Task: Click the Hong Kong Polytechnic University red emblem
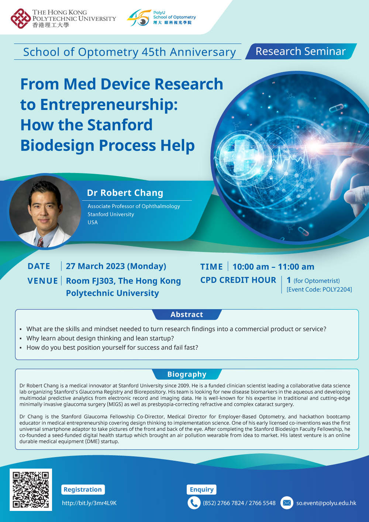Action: [x=21, y=18]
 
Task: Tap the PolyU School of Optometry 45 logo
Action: [x=139, y=18]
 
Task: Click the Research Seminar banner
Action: [x=300, y=51]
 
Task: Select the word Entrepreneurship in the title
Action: [x=108, y=105]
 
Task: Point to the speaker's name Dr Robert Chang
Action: [x=125, y=193]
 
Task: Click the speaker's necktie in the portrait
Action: [x=40, y=242]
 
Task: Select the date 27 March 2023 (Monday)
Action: [x=116, y=266]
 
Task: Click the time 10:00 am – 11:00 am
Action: [x=273, y=267]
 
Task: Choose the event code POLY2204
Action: [x=337, y=290]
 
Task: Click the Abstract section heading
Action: [x=187, y=315]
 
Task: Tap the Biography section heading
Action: [x=187, y=374]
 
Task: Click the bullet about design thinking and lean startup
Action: [x=100, y=338]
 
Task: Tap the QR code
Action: [x=31, y=490]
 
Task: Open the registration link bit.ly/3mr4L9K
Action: [x=89, y=503]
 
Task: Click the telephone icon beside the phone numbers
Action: [x=194, y=503]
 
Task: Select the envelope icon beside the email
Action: [x=287, y=503]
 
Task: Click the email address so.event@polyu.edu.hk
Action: [x=326, y=503]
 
